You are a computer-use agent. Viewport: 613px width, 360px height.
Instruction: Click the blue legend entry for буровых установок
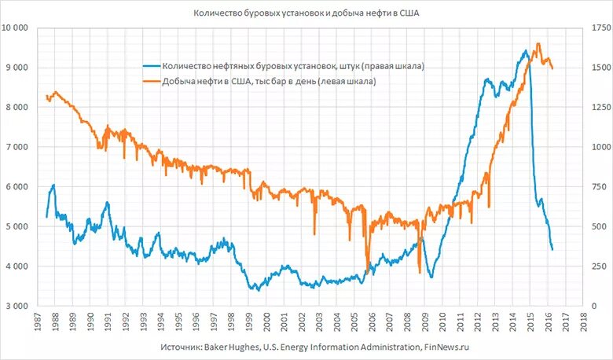click(x=292, y=67)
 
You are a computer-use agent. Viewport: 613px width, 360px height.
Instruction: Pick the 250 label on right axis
click(x=596, y=266)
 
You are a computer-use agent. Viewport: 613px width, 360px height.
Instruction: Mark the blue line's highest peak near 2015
click(x=526, y=51)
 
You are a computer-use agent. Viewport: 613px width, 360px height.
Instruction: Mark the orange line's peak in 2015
click(x=538, y=44)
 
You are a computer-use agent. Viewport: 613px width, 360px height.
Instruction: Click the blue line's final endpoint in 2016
click(x=552, y=249)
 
